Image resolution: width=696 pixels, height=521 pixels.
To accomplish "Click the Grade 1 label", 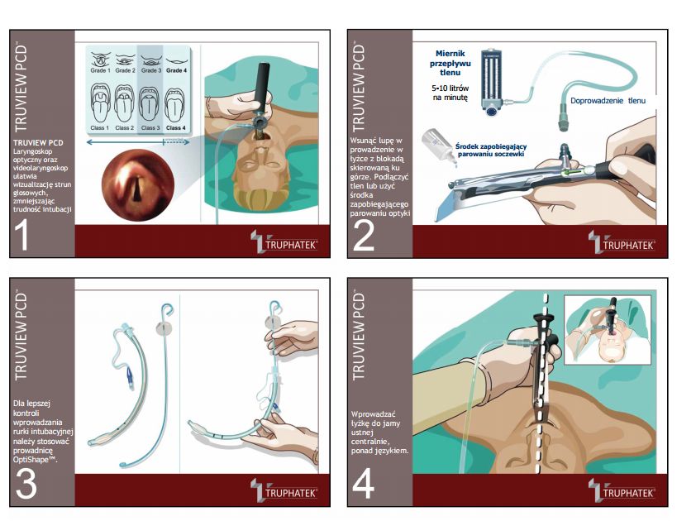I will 99,71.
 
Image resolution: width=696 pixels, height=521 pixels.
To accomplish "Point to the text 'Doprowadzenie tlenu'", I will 608,100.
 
